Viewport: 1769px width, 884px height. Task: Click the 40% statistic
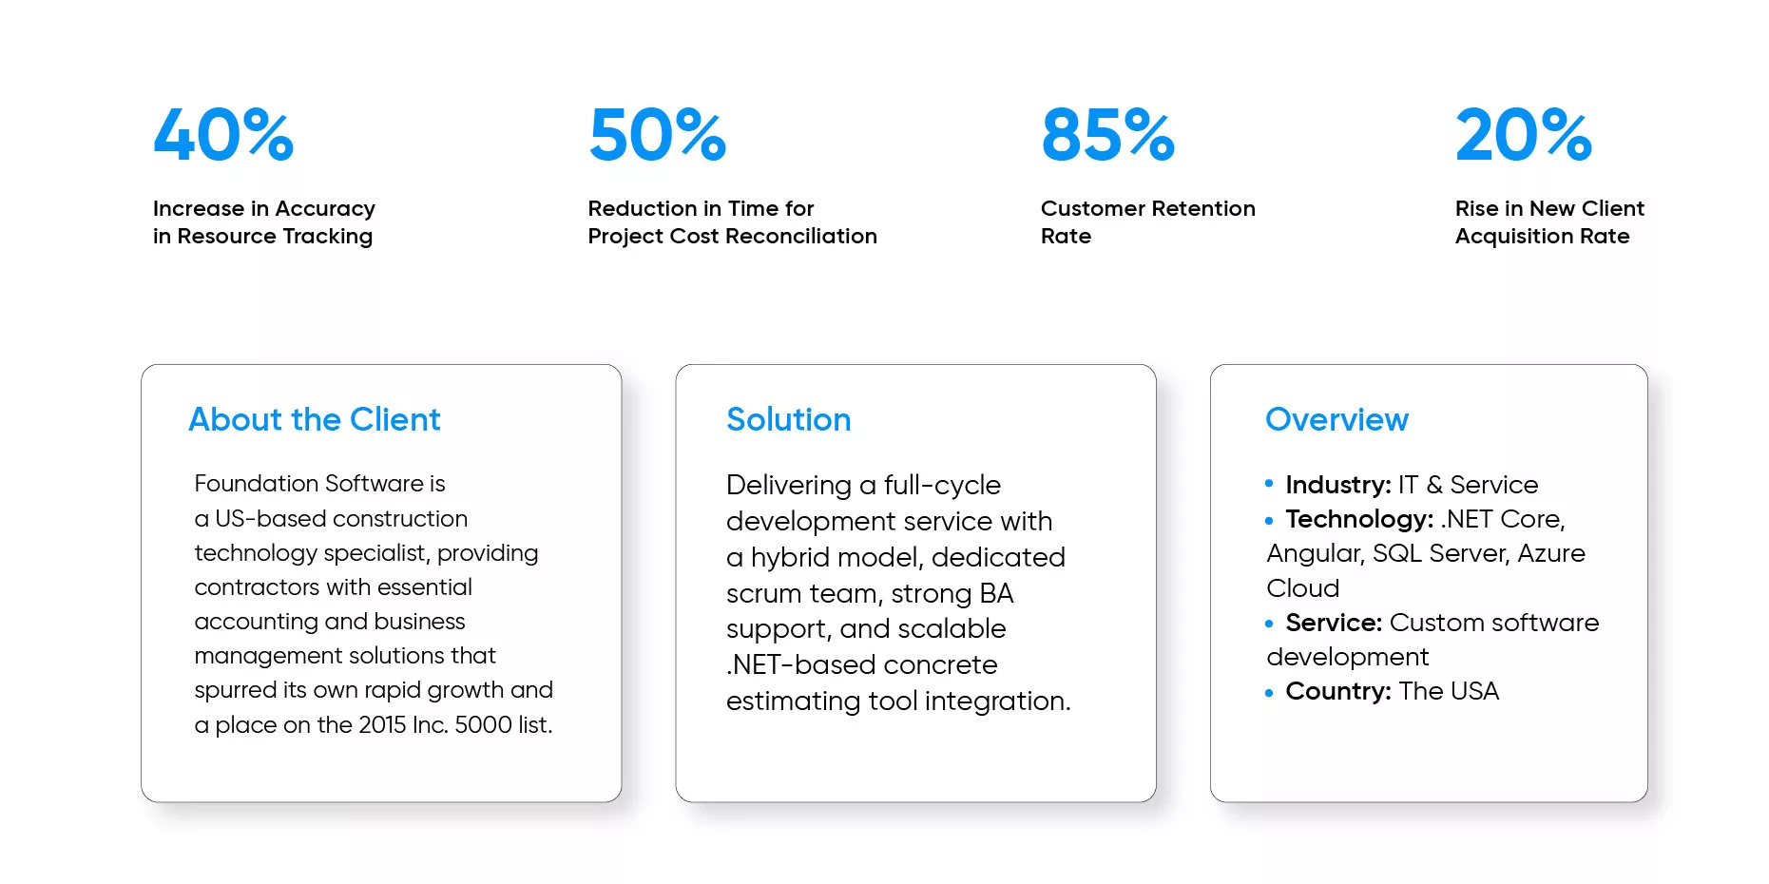tap(223, 134)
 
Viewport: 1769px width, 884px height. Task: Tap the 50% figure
tap(658, 134)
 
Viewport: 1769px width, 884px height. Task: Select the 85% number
tap(1108, 134)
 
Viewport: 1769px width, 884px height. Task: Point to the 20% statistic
tap(1524, 134)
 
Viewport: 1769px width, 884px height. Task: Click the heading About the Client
tap(315, 419)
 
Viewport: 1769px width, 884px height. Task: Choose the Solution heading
tap(789, 419)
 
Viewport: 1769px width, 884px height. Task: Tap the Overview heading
tap(1337, 419)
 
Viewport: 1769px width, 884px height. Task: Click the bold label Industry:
tap(1338, 485)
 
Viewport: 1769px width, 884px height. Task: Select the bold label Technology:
tap(1359, 519)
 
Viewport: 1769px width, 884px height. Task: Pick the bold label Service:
tap(1334, 623)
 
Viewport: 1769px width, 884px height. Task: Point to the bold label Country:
tap(1338, 691)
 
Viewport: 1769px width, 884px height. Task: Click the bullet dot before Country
tap(1269, 693)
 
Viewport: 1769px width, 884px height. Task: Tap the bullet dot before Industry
tap(1269, 484)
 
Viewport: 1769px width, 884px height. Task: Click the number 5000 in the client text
tap(484, 724)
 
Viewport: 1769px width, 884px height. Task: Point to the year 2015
tap(382, 724)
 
